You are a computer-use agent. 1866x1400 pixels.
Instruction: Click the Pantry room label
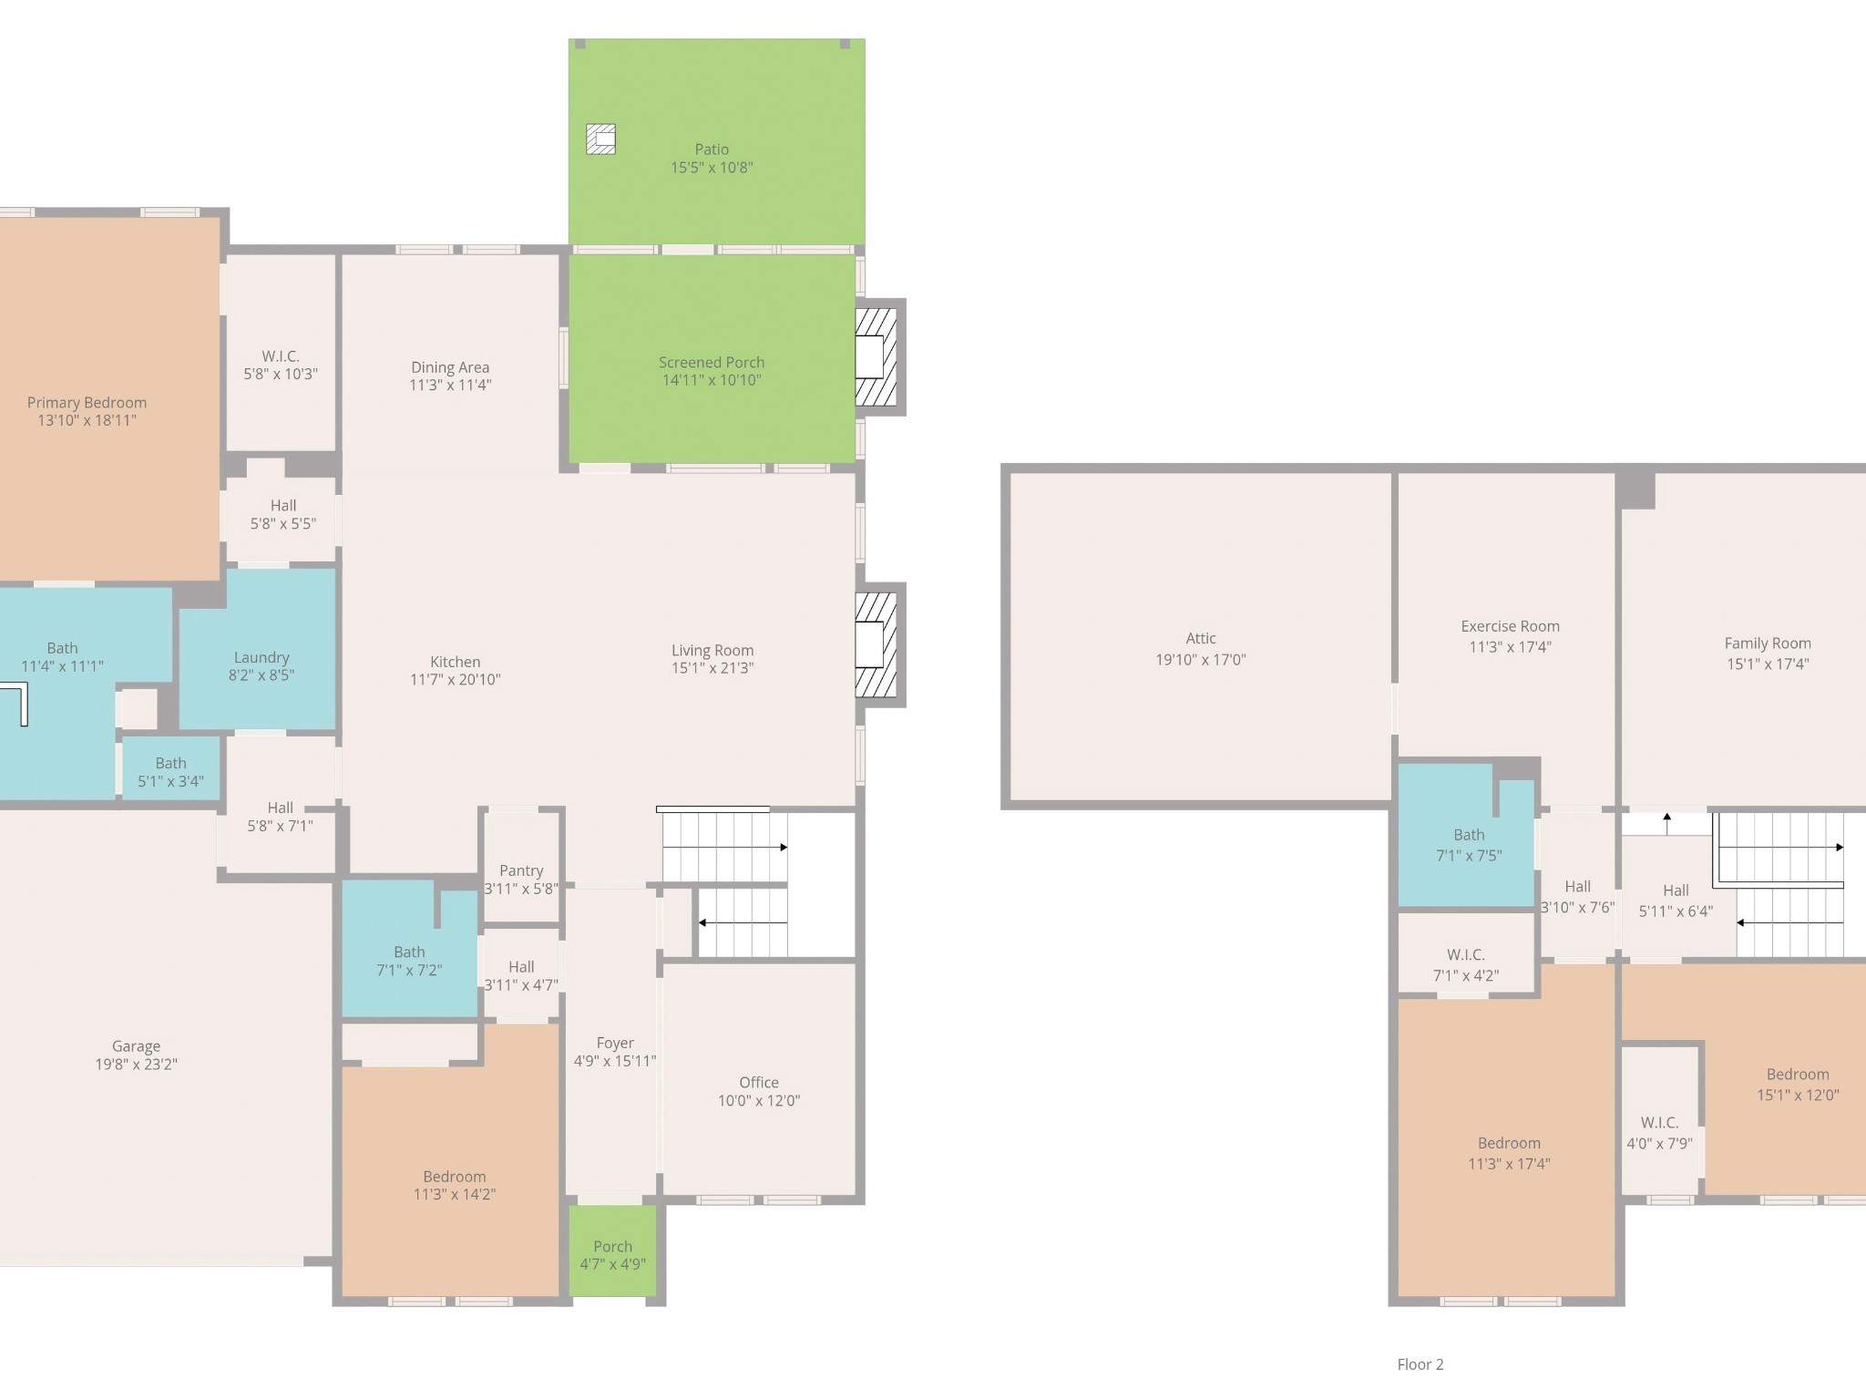pyautogui.click(x=521, y=870)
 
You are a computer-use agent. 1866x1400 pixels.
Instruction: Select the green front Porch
pyautogui.click(x=613, y=1251)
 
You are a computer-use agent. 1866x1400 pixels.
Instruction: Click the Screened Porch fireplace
pyautogui.click(x=876, y=357)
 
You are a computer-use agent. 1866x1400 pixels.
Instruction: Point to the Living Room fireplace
pyautogui.click(x=876, y=644)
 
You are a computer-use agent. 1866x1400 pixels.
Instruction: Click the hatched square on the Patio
pyautogui.click(x=600, y=139)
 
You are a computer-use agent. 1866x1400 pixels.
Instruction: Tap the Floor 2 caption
pyautogui.click(x=1420, y=1364)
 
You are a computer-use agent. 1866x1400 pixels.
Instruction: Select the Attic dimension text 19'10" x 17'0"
pyautogui.click(x=1201, y=660)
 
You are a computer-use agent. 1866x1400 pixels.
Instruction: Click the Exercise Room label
pyautogui.click(x=1510, y=626)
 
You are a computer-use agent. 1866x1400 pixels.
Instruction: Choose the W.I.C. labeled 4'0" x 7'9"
pyautogui.click(x=1660, y=1123)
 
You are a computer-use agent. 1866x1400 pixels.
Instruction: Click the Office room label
pyautogui.click(x=759, y=1083)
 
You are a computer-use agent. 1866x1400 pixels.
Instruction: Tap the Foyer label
pyautogui.click(x=615, y=1043)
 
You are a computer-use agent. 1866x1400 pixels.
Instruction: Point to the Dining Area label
pyautogui.click(x=450, y=367)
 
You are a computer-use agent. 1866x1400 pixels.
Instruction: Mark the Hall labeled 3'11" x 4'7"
pyautogui.click(x=521, y=973)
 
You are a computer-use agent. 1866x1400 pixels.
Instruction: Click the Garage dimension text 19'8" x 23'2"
pyautogui.click(x=137, y=1064)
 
